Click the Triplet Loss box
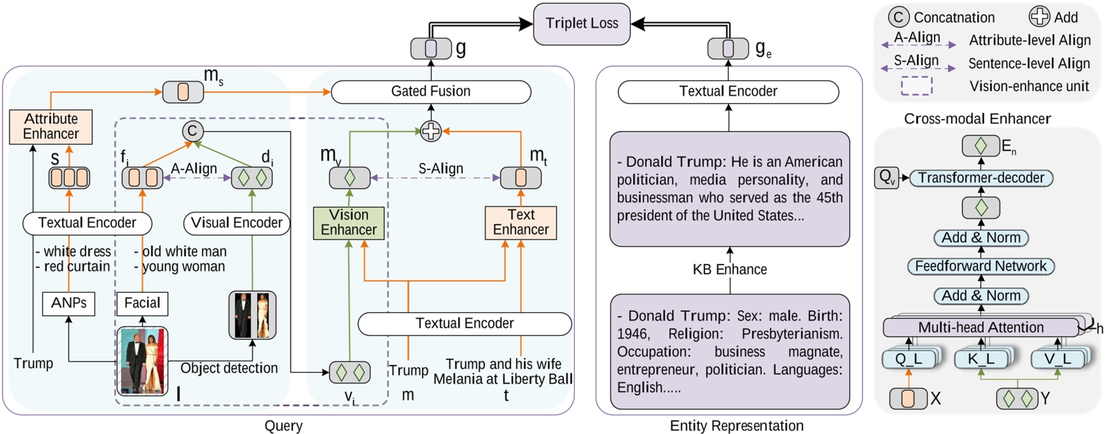[581, 24]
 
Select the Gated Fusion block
[431, 92]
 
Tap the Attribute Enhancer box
[51, 126]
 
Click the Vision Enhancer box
[349, 222]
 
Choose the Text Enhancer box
[520, 222]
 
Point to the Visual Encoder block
[237, 223]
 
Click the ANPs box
[69, 303]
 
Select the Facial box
[142, 303]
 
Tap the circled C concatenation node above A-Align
[193, 132]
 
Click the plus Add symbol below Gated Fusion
[431, 132]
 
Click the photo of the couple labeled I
[143, 360]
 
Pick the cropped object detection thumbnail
[253, 315]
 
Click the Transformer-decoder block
[981, 178]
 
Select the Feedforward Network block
[980, 266]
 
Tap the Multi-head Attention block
[980, 328]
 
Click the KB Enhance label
[730, 269]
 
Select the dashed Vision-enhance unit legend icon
[917, 86]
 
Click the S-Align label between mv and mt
[441, 169]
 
